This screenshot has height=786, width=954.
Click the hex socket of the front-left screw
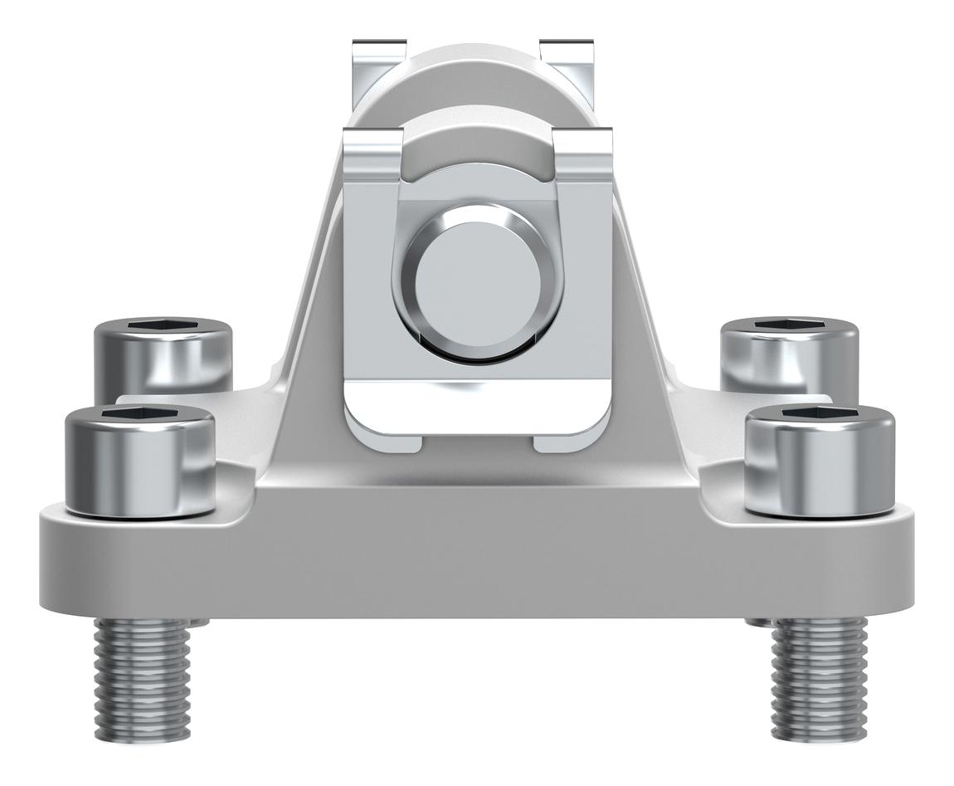(x=139, y=416)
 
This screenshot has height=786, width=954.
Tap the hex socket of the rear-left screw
(x=163, y=325)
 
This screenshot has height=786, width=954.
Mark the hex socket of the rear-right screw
(x=789, y=325)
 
